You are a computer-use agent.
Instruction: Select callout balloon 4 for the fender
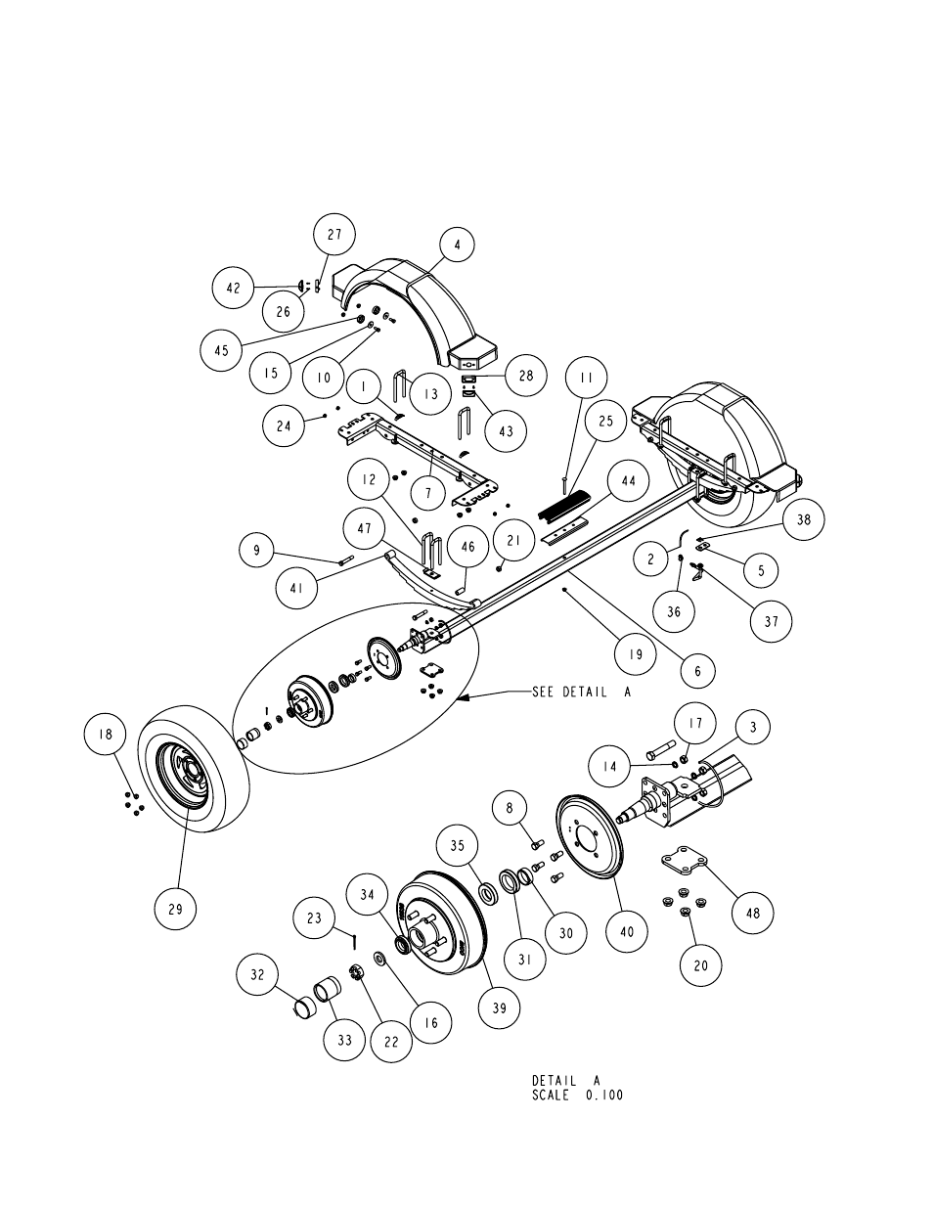(x=457, y=245)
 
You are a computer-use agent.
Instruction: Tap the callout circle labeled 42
(x=234, y=288)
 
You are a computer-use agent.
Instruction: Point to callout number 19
(x=636, y=653)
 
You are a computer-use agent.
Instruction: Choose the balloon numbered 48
(x=753, y=913)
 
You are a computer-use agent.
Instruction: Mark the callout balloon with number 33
(x=345, y=1039)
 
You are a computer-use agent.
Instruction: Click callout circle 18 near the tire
(x=105, y=734)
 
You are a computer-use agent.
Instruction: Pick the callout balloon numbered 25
(x=605, y=421)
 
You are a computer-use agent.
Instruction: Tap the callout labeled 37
(x=772, y=621)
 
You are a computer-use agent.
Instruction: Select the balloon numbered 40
(x=627, y=931)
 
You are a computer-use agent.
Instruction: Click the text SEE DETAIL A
(x=582, y=693)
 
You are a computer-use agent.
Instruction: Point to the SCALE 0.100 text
(x=578, y=1110)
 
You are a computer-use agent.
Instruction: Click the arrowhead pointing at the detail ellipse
(x=464, y=696)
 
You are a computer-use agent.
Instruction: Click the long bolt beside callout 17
(x=661, y=749)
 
